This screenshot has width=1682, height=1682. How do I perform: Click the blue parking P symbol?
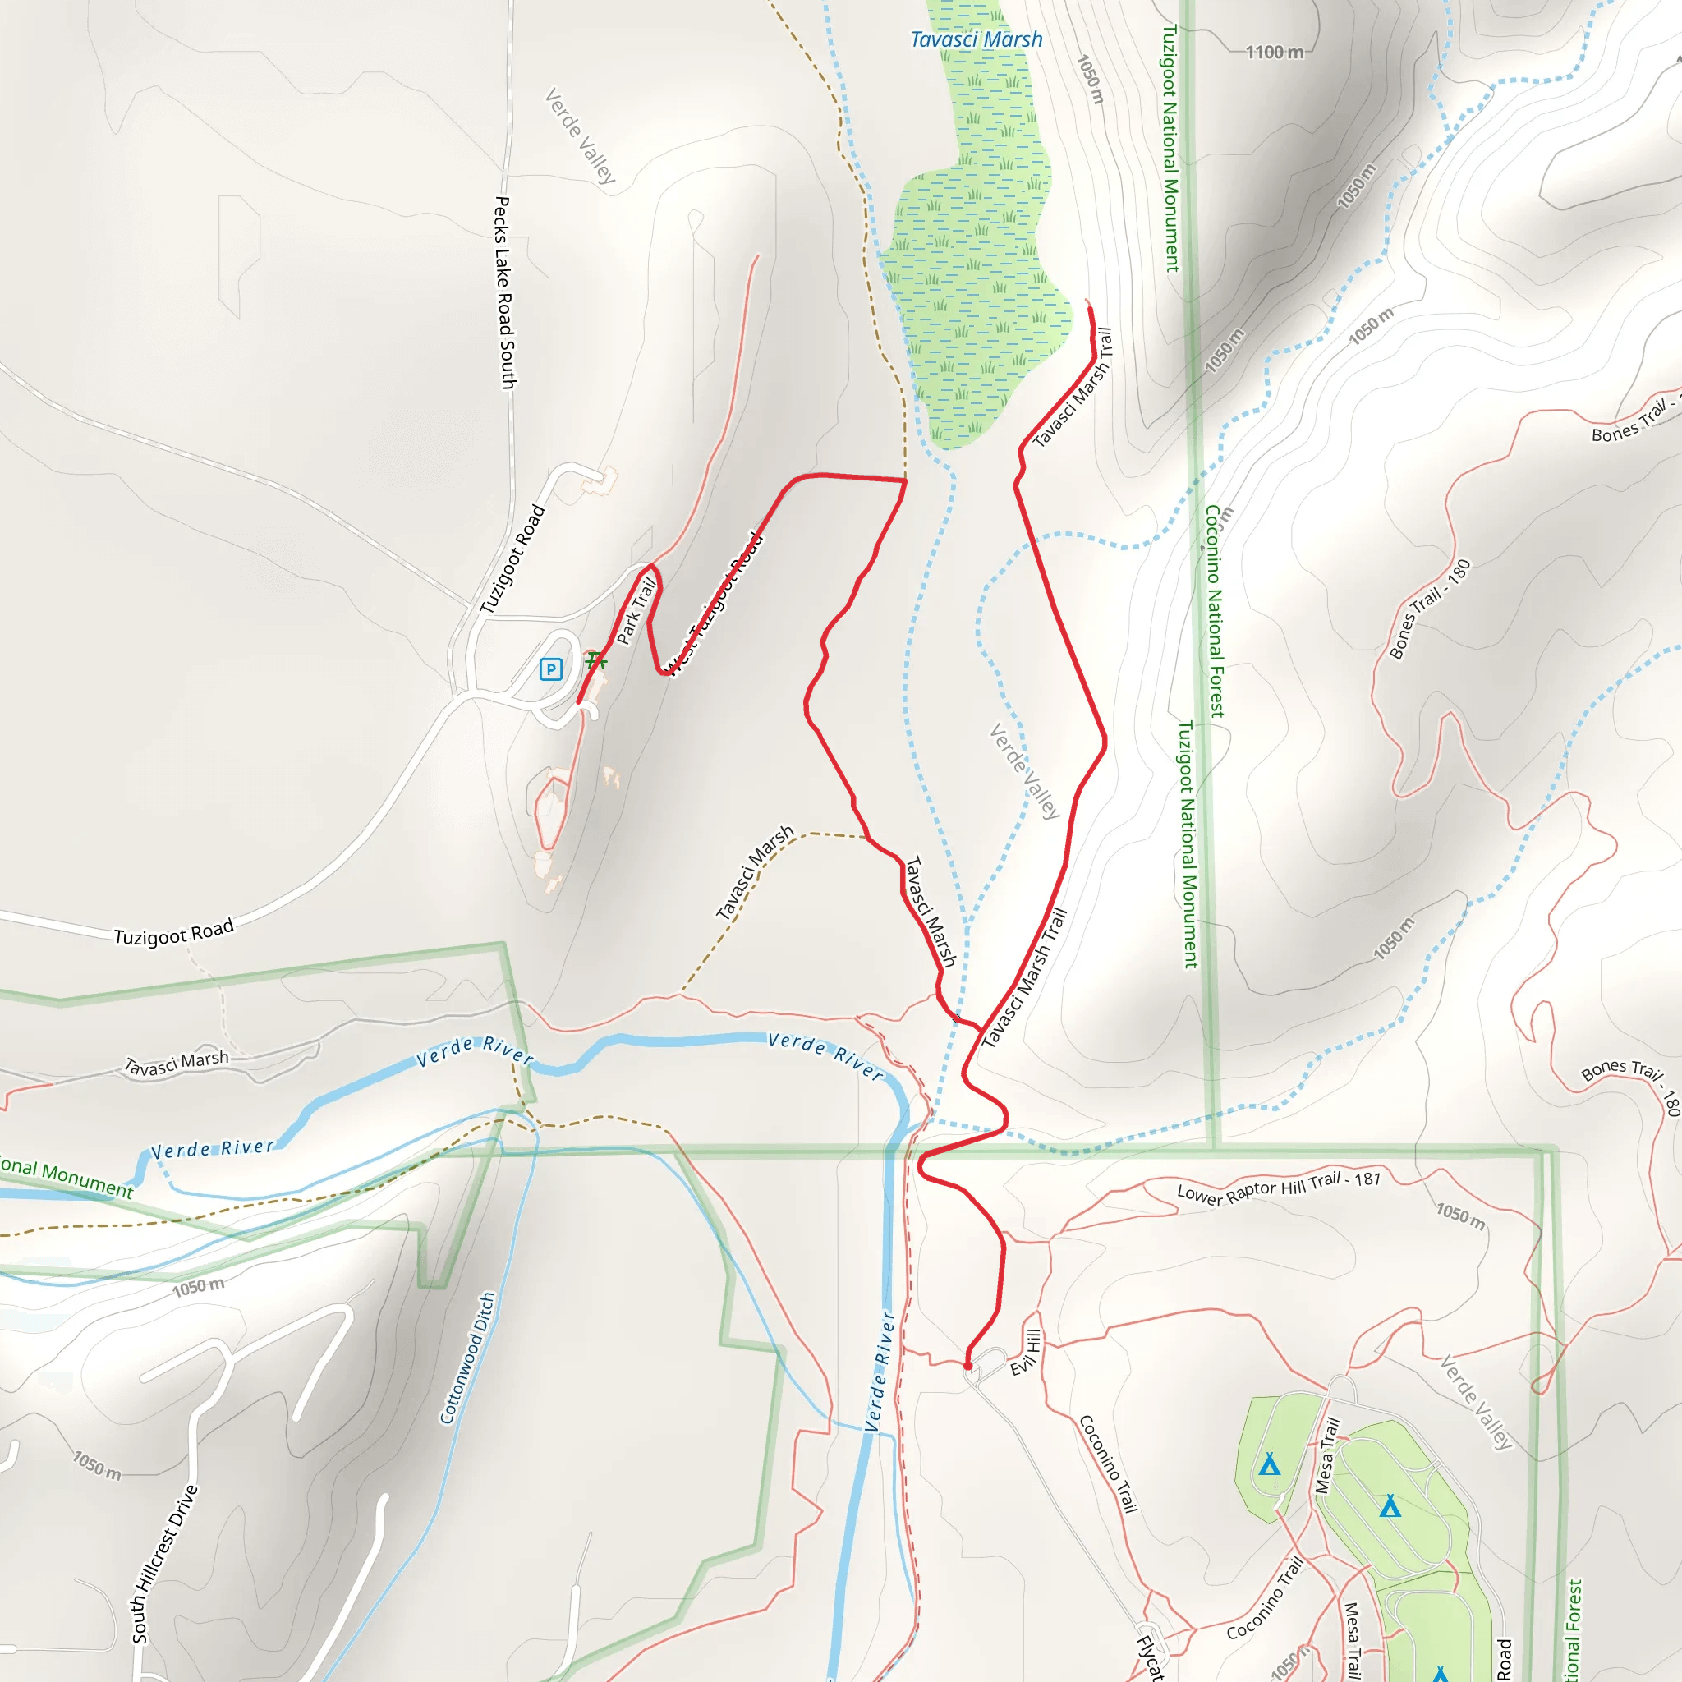(x=550, y=669)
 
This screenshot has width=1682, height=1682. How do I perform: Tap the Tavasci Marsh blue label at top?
(x=976, y=40)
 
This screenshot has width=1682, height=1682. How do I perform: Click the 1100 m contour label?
(x=1275, y=53)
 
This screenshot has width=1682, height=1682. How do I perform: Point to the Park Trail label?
(x=636, y=610)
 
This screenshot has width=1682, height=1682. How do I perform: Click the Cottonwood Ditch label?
(x=467, y=1358)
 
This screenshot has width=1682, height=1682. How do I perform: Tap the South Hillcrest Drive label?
(x=164, y=1564)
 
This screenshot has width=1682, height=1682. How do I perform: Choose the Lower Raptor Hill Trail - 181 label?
(x=1279, y=1188)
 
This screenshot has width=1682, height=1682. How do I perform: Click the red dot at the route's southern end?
(x=967, y=1366)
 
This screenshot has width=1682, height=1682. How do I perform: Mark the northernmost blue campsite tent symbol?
(x=1270, y=1465)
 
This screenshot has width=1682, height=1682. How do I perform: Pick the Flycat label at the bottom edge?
(x=1150, y=1657)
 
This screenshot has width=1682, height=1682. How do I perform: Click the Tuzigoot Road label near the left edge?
(x=174, y=933)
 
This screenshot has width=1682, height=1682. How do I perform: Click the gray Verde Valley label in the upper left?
(x=580, y=135)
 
